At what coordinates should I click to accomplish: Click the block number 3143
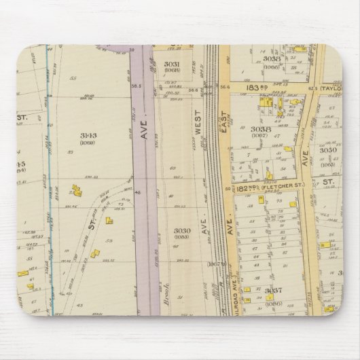88,134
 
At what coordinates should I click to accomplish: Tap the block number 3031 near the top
170,63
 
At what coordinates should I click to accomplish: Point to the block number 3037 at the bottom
272,291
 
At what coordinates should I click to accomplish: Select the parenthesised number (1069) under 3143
88,143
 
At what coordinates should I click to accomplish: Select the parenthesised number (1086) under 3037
272,298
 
